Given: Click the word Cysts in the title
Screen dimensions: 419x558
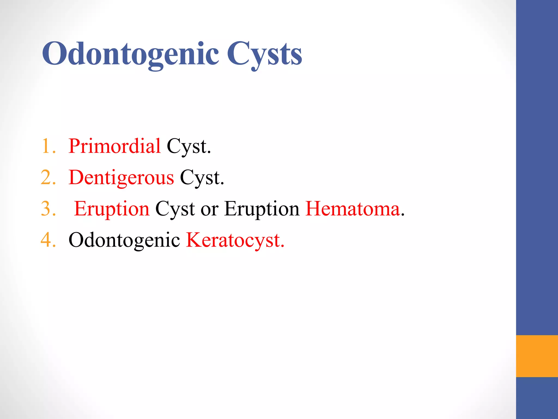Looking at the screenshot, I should [x=264, y=55].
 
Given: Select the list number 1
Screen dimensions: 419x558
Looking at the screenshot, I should [x=48, y=146].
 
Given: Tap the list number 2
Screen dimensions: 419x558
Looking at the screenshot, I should [x=48, y=178].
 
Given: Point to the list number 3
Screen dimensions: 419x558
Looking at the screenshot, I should [x=48, y=209].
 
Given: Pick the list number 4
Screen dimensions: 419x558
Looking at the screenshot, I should [x=48, y=240].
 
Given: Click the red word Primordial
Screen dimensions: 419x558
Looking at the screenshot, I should [x=114, y=146].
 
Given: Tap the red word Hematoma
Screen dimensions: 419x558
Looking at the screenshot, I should [x=353, y=209].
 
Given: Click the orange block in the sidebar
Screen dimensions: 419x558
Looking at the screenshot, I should [x=537, y=356].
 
